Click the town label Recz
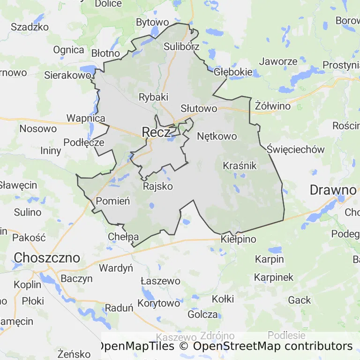[156, 132]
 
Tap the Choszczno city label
[47, 258]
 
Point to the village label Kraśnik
[240, 165]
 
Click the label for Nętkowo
[217, 136]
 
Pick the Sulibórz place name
[182, 46]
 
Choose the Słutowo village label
[199, 109]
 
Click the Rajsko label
[157, 186]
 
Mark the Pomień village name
[112, 201]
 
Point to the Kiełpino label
[239, 240]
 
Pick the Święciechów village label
[296, 150]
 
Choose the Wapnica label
[86, 118]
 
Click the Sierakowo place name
[67, 75]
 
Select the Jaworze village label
[278, 61]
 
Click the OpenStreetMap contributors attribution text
[273, 346]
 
